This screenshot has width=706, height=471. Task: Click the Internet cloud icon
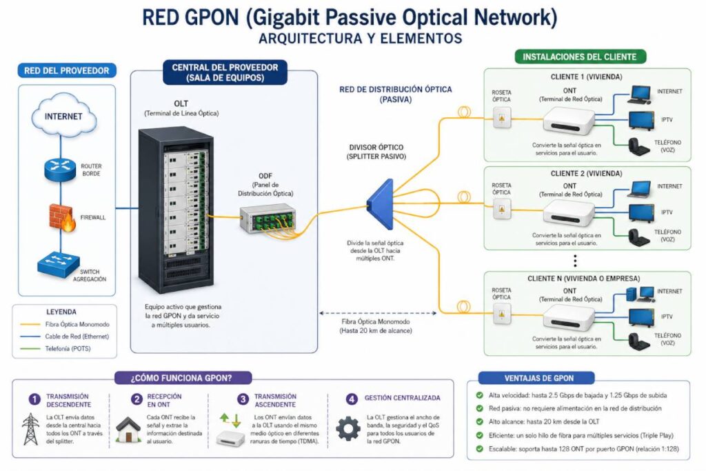coord(64,115)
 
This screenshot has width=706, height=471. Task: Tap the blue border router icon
coord(60,170)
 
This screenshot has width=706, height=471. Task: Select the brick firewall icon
coord(62,217)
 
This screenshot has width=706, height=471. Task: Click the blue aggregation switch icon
coord(59,264)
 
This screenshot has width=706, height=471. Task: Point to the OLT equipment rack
coord(176,210)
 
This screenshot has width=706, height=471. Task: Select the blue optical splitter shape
coord(381,204)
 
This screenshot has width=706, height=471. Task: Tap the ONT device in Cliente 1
coord(569,121)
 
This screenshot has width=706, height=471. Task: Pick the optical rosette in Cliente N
coord(502,314)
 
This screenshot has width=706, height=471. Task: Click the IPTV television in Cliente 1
coord(642,121)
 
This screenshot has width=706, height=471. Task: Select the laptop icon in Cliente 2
coord(639,190)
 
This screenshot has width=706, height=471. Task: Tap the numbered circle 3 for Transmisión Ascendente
coord(243,399)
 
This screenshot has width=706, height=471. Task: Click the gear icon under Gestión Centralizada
coord(348,428)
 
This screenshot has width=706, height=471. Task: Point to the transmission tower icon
coord(30,429)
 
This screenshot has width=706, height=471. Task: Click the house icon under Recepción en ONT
coord(128,430)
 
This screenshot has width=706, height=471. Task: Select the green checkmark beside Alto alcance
coord(480,422)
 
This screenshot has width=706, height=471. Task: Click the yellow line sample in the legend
coord(30,324)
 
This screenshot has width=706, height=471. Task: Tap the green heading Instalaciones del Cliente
coord(580,57)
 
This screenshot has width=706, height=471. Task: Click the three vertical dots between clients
coord(575,261)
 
